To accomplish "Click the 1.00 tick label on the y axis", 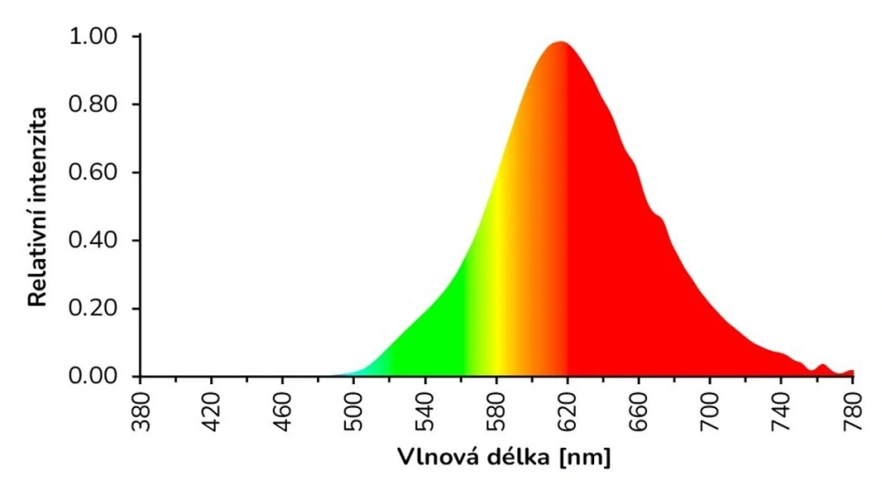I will [x=93, y=37].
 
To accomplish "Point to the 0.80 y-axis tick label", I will [x=93, y=105].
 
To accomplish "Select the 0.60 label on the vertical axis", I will [x=93, y=173].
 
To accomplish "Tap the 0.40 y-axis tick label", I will [x=93, y=241].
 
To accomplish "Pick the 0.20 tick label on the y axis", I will [x=93, y=309].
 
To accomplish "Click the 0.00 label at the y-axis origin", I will [x=93, y=377].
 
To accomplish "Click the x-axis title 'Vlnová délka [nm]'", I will [x=503, y=458].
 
